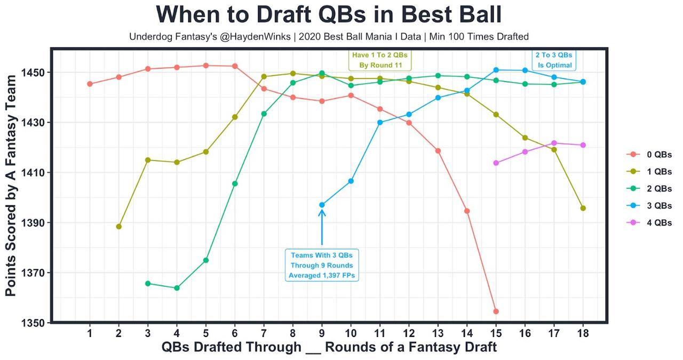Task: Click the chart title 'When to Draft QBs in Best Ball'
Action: (x=329, y=15)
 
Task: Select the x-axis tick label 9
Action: (x=322, y=333)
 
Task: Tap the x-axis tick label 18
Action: (x=583, y=333)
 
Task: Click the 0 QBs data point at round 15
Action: (x=496, y=311)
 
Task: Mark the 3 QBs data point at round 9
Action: (x=322, y=205)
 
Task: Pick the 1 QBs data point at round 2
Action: (x=118, y=227)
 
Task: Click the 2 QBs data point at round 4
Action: (x=177, y=288)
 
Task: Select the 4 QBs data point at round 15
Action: (x=496, y=163)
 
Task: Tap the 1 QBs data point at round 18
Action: (x=583, y=208)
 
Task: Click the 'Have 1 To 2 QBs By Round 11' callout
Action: (x=380, y=60)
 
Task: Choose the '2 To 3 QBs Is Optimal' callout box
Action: (x=554, y=60)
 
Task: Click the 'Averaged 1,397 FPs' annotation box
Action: (x=322, y=265)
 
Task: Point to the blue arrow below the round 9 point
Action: (x=322, y=227)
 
